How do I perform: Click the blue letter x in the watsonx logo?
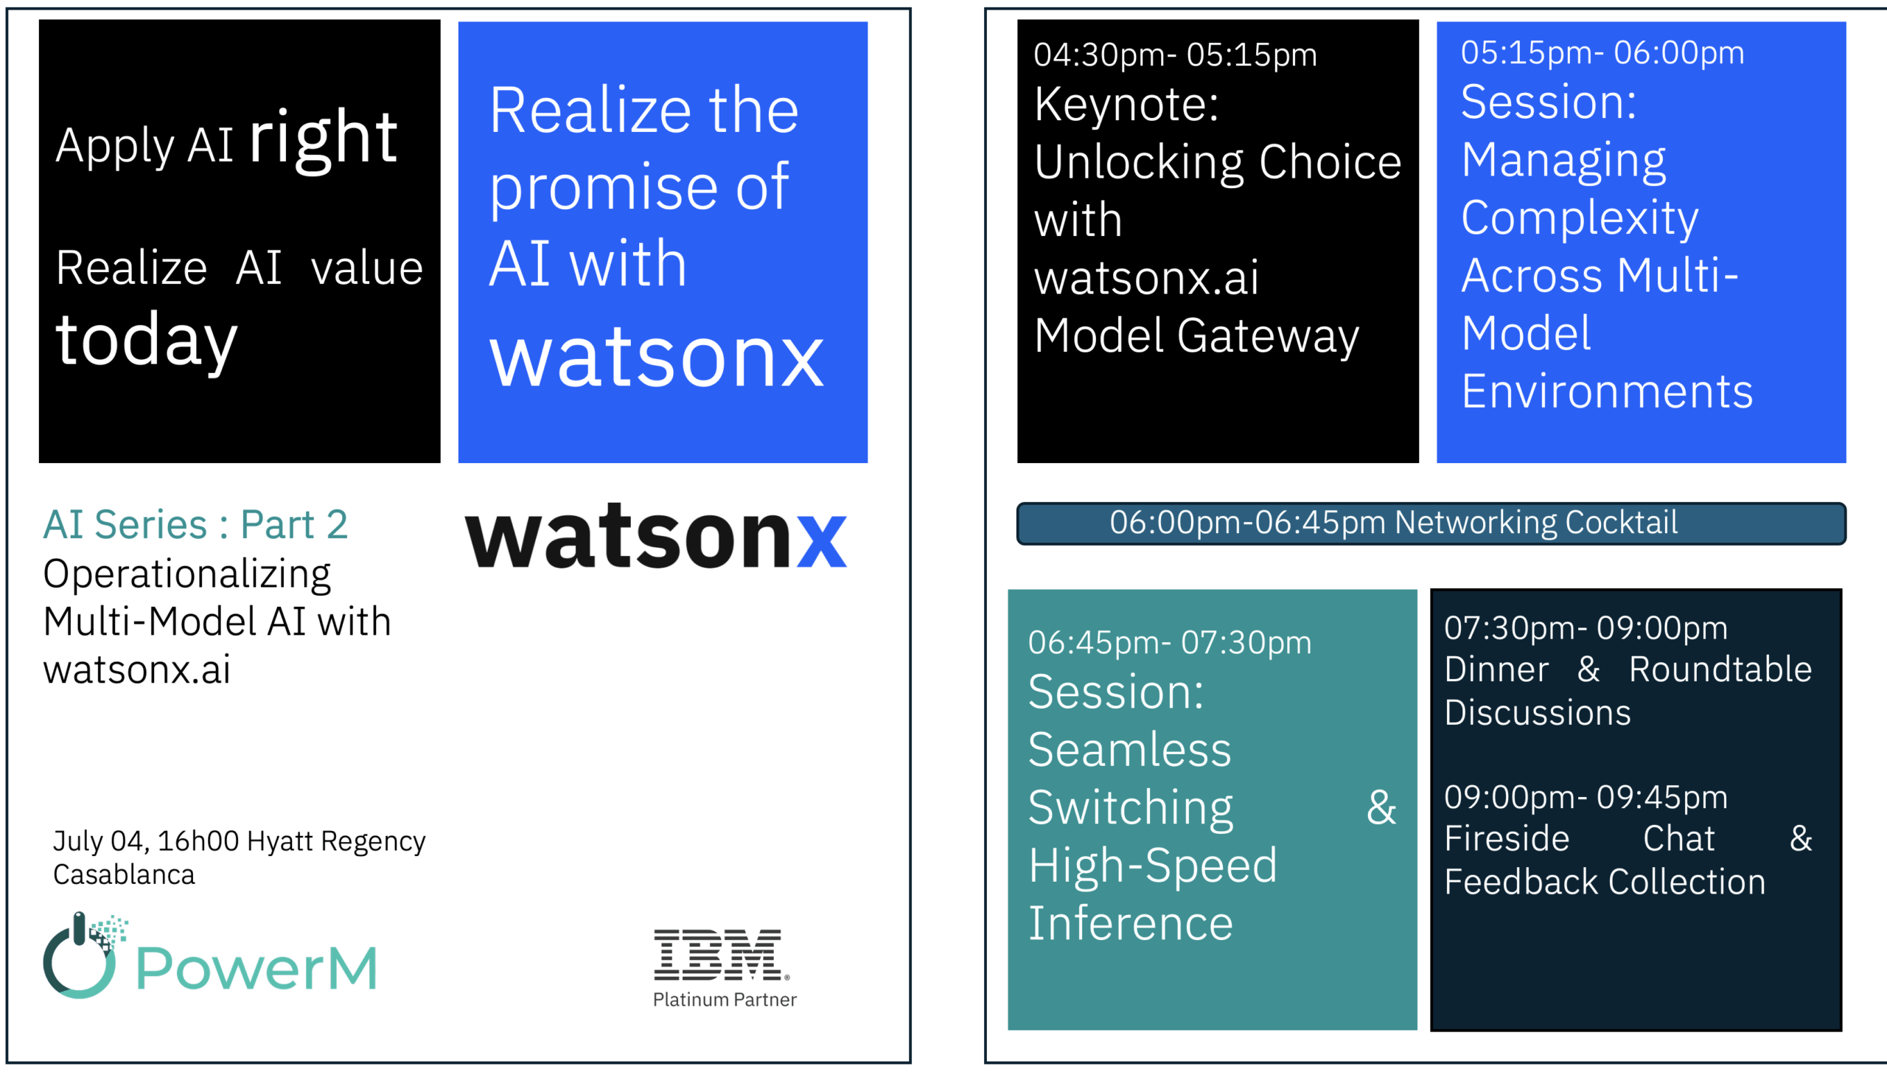click(x=822, y=540)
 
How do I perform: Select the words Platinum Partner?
click(x=725, y=1000)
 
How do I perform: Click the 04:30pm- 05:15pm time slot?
click(x=1175, y=55)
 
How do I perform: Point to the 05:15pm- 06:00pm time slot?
click(x=1602, y=53)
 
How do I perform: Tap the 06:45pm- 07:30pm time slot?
click(x=1170, y=643)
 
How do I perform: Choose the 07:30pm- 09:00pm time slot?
click(x=1586, y=628)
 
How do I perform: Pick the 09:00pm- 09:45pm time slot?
click(x=1586, y=797)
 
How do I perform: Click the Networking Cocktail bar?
click(x=1431, y=523)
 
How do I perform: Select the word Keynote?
click(x=1126, y=104)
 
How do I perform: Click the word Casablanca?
click(x=124, y=875)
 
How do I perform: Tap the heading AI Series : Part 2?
click(x=195, y=525)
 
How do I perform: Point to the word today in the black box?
click(x=147, y=340)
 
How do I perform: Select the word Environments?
click(x=1607, y=391)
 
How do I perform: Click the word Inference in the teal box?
click(x=1131, y=924)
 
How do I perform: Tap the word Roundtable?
click(x=1720, y=670)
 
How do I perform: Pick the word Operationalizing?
click(x=187, y=576)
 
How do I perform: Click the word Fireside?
click(x=1507, y=839)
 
